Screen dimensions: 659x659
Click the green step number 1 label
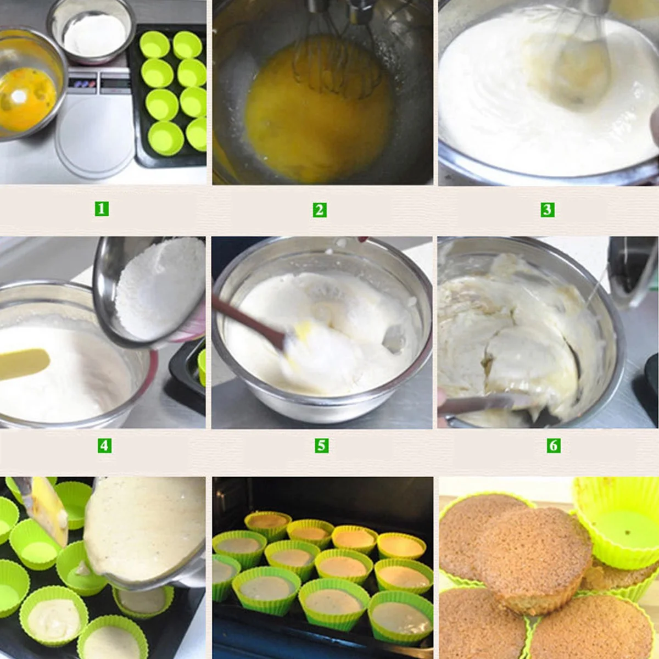(102, 209)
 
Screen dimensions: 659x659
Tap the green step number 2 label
(320, 210)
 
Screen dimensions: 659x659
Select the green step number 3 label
(547, 209)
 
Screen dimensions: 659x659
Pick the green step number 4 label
(104, 445)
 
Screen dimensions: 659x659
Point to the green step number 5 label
(322, 445)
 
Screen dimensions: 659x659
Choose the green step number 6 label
(554, 445)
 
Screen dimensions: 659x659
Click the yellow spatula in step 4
(25, 363)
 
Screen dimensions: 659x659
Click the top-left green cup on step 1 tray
(155, 44)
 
